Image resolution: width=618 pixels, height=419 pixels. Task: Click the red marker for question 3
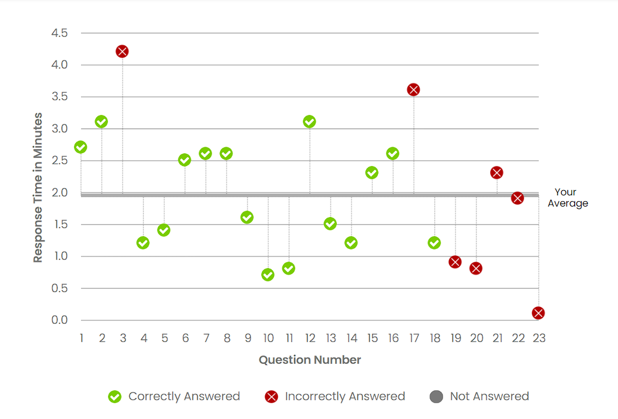point(122,52)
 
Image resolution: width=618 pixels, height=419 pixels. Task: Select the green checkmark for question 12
point(309,121)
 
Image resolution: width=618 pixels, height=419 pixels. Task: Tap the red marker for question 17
point(413,90)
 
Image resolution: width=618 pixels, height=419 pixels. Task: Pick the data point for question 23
point(538,313)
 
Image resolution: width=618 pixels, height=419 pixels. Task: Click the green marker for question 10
point(268,275)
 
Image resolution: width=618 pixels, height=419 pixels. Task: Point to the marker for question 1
point(81,147)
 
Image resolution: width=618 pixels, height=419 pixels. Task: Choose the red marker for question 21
point(497,173)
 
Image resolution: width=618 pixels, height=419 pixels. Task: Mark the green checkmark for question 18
point(434,243)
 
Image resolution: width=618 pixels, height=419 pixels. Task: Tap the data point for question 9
point(247,217)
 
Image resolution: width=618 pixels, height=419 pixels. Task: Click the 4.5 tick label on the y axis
point(60,33)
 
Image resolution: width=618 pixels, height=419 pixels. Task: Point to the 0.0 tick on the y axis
point(60,320)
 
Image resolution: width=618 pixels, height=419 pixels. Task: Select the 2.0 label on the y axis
point(60,192)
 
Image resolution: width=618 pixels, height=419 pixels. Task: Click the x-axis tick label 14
point(352,338)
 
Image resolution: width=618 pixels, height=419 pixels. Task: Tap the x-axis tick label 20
point(477,338)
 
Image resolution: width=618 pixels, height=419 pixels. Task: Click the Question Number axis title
point(310,360)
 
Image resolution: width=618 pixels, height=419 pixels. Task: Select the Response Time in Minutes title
point(38,188)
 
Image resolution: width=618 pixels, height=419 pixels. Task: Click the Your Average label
point(567,198)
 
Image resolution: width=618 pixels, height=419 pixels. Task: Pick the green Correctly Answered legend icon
point(115,397)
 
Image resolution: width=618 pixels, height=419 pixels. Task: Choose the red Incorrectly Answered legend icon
point(271,397)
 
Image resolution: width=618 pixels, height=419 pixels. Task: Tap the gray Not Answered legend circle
point(436,397)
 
